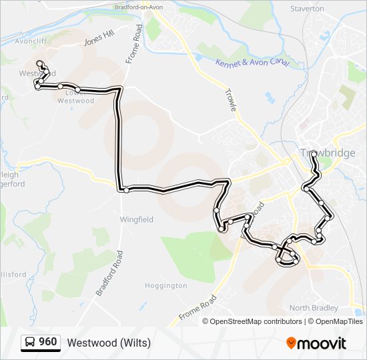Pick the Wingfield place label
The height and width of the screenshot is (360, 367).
coord(136,219)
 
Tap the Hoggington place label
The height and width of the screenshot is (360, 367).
coord(166,285)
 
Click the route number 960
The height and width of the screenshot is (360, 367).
coord(47,342)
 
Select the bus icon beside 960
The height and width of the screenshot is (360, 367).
coord(30,343)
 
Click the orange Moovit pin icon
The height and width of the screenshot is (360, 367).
coord(292,343)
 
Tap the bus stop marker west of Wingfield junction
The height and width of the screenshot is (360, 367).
coord(126,190)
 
